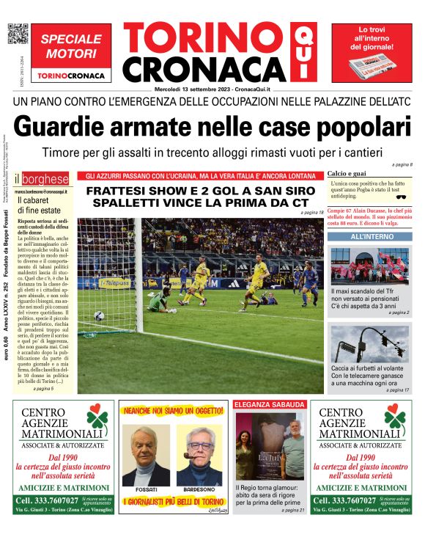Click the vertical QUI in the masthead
click(300, 53)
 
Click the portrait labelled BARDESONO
click(199, 455)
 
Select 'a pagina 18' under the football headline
click(311, 213)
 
